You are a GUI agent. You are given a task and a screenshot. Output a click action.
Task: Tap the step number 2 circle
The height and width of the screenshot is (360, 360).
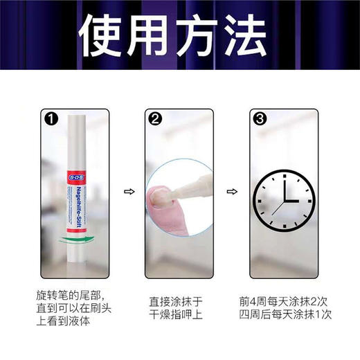(155, 118)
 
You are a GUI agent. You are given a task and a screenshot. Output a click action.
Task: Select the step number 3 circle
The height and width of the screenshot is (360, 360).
(260, 118)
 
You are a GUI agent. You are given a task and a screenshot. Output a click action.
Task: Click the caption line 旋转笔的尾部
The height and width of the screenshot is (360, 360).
(71, 294)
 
